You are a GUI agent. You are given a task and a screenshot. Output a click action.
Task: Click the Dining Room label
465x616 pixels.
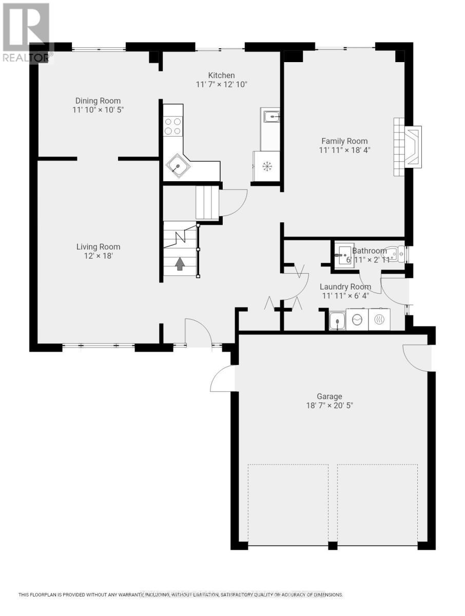point(98,101)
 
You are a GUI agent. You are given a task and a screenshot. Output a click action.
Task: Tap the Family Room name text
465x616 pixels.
point(344,141)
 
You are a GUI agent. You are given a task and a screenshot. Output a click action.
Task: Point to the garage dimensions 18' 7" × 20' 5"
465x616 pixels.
point(328,406)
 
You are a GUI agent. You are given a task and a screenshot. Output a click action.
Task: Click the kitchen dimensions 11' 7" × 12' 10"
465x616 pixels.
point(222,85)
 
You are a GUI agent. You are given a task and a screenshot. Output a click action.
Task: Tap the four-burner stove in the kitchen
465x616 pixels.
point(173,126)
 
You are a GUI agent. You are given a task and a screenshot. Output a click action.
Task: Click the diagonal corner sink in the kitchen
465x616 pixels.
point(178,165)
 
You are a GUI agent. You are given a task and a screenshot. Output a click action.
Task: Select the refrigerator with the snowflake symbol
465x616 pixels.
point(266,166)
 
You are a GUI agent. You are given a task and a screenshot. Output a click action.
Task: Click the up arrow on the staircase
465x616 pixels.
point(180,264)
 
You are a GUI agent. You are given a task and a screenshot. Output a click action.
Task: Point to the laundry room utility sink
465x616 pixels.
point(337,321)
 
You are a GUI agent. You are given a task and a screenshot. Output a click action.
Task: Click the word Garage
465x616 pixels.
point(329,396)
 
